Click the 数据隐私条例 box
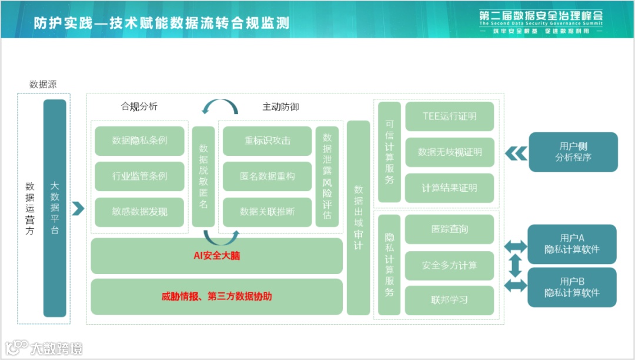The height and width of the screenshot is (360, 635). pyautogui.click(x=139, y=141)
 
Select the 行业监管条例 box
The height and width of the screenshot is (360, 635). pyautogui.click(x=139, y=176)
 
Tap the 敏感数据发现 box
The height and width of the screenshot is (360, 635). pyautogui.click(x=139, y=212)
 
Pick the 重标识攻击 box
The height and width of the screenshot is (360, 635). pyautogui.click(x=268, y=141)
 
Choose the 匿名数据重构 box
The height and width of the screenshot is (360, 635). pyautogui.click(x=268, y=176)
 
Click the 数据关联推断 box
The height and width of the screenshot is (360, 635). pyautogui.click(x=268, y=212)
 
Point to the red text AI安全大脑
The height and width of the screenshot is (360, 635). pyautogui.click(x=216, y=256)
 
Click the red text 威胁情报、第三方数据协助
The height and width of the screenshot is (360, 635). pyautogui.click(x=216, y=296)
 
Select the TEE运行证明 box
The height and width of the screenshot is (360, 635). pyautogui.click(x=450, y=116)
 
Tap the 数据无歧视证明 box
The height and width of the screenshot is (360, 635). pyautogui.click(x=450, y=152)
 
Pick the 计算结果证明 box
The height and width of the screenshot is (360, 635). pyautogui.click(x=450, y=188)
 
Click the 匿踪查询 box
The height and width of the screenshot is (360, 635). pyautogui.click(x=450, y=229)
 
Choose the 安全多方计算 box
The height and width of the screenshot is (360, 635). pyautogui.click(x=450, y=265)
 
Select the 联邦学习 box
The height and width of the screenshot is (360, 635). pyautogui.click(x=450, y=300)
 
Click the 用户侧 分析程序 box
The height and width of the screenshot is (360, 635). pyautogui.click(x=573, y=152)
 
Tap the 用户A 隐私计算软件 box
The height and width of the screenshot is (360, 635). pyautogui.click(x=572, y=244)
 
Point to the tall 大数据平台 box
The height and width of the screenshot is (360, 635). pyautogui.click(x=55, y=208)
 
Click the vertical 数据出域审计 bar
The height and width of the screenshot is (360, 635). pyautogui.click(x=358, y=218)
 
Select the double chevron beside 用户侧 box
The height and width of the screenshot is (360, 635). pyautogui.click(x=516, y=153)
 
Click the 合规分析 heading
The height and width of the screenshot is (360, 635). pyautogui.click(x=139, y=106)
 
